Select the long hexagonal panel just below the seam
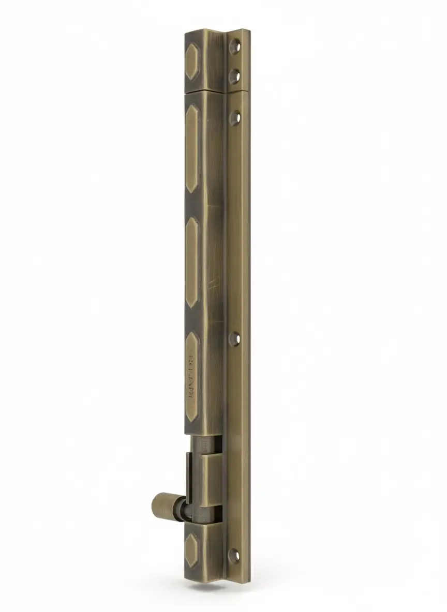(192, 148)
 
